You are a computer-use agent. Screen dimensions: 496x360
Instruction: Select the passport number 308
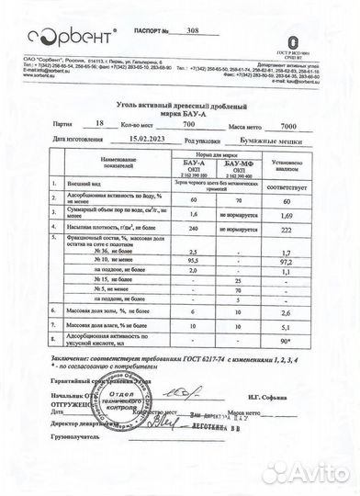191,30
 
